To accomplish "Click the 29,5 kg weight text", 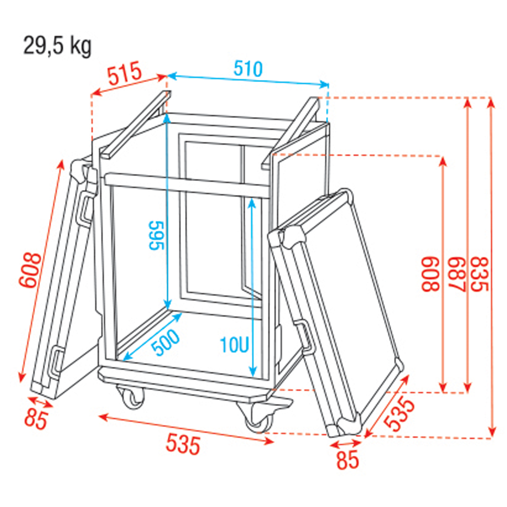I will [x=58, y=46].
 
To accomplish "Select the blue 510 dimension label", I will [x=248, y=69].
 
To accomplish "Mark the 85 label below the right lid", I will [x=348, y=460].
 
